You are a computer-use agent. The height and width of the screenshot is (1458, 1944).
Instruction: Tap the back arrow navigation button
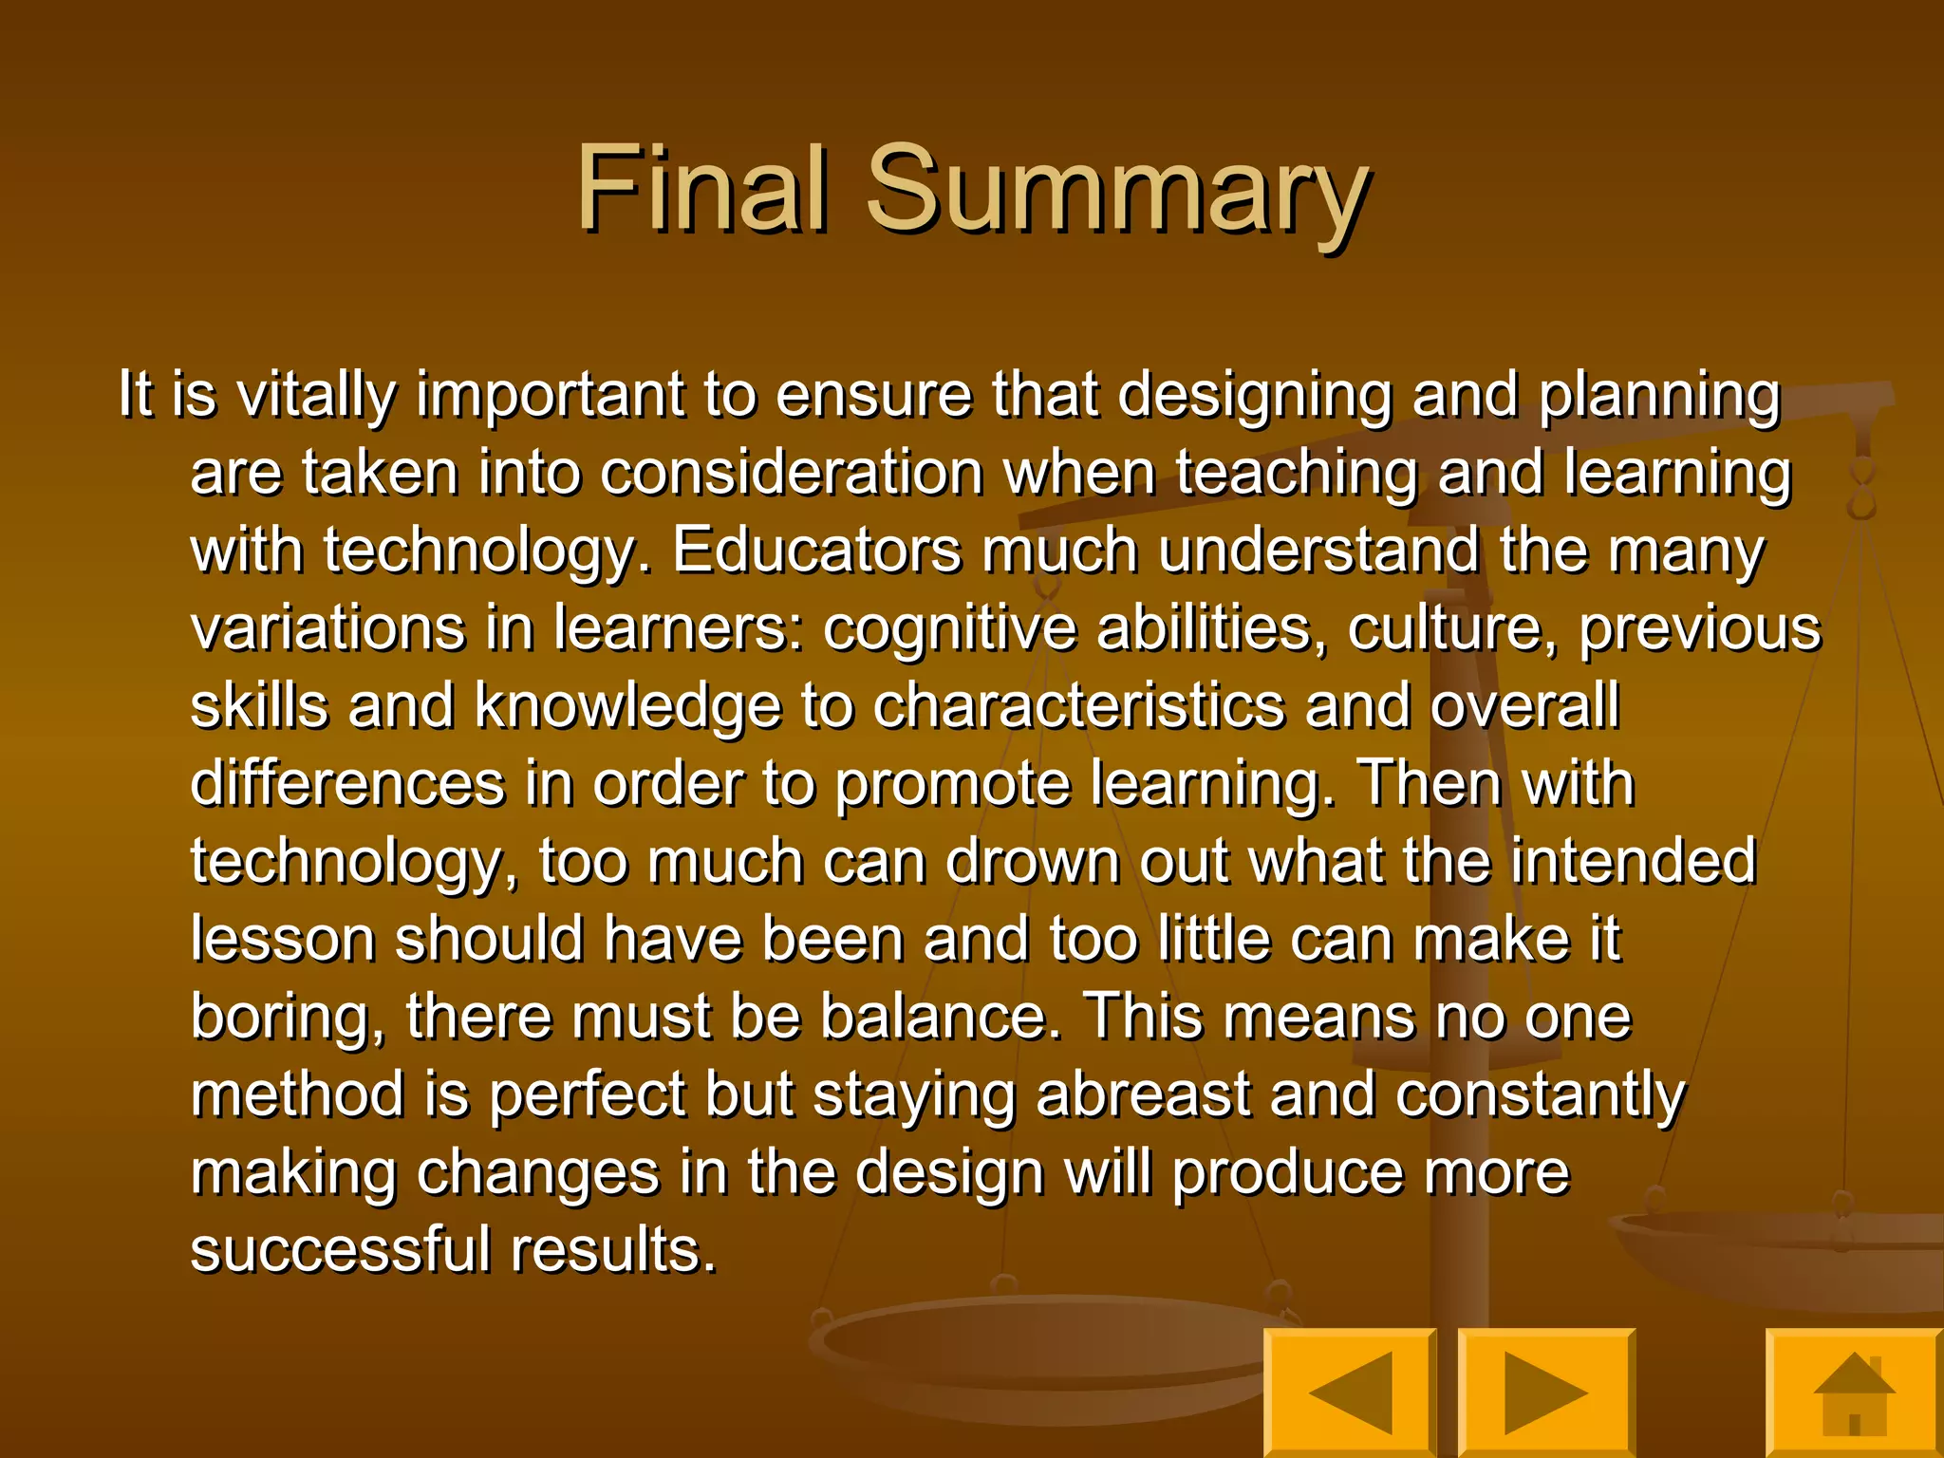(x=1349, y=1393)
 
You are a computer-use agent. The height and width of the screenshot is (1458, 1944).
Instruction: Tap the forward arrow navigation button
(x=1545, y=1393)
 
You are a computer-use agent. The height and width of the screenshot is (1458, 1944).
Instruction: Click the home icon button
(x=1853, y=1393)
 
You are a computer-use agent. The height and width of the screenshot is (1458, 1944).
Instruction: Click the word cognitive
(x=949, y=629)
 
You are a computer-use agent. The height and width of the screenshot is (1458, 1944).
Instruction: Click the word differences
(x=347, y=785)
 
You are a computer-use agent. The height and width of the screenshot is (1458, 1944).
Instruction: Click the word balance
(x=940, y=1019)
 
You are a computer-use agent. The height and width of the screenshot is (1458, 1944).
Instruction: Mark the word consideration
(x=793, y=474)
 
